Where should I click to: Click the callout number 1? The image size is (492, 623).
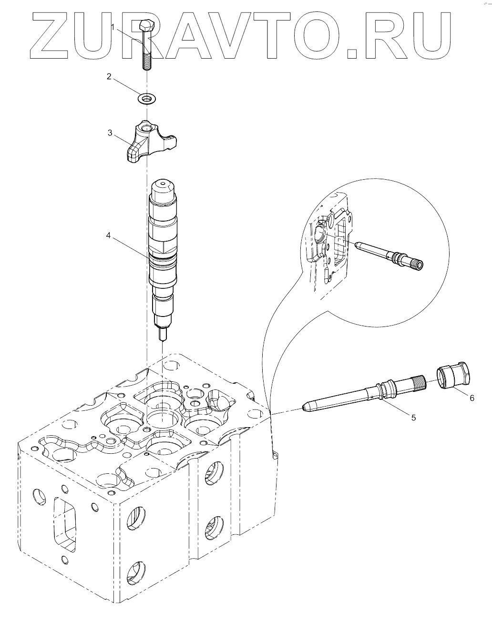[113, 27]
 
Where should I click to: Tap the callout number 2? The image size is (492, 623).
[109, 76]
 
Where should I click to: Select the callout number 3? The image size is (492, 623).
[110, 133]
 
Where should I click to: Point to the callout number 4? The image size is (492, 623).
[109, 235]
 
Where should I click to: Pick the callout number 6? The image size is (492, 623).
[472, 398]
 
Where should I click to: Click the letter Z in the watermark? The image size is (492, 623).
[54, 36]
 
